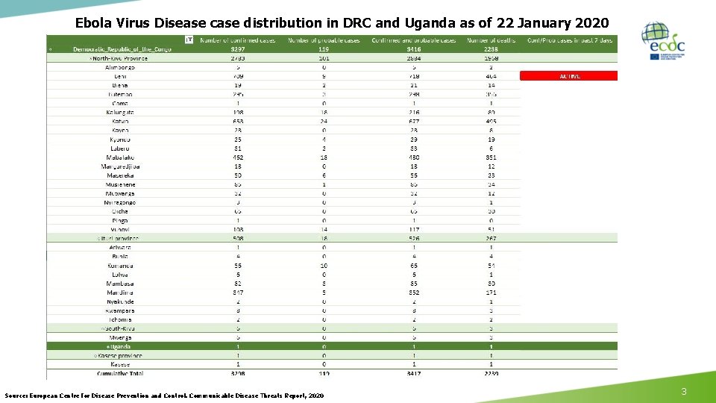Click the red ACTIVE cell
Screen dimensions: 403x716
point(568,76)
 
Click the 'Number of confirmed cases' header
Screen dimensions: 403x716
point(237,40)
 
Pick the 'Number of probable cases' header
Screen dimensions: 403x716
point(324,40)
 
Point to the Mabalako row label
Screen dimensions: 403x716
point(119,157)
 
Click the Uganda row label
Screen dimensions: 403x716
point(119,346)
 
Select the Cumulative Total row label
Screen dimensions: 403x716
point(119,373)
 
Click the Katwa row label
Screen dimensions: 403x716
point(119,121)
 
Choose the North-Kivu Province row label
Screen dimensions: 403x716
point(119,58)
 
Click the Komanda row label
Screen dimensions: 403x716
point(119,265)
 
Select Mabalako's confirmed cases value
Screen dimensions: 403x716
point(237,157)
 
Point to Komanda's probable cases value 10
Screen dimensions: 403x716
point(324,265)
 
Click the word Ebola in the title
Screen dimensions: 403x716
point(93,22)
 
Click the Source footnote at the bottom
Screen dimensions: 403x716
point(164,395)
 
